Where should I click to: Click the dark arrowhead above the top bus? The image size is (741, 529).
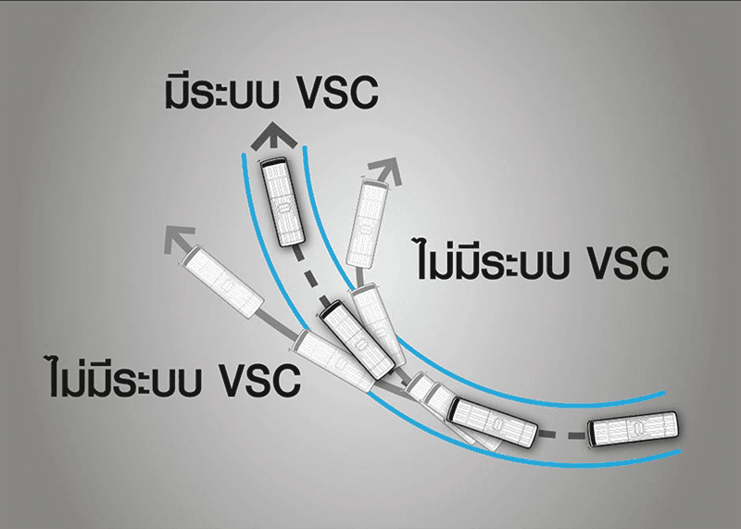(x=274, y=136)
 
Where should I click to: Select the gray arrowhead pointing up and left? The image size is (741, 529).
(x=178, y=239)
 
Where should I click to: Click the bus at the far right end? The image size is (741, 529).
(x=633, y=429)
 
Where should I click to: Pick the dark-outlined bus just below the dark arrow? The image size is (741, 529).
(x=283, y=202)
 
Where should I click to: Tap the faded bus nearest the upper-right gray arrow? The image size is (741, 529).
(x=367, y=223)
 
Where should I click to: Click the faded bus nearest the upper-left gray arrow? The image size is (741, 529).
(x=222, y=282)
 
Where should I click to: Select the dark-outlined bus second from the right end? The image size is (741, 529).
(x=493, y=422)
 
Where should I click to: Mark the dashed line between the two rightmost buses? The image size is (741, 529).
(x=563, y=435)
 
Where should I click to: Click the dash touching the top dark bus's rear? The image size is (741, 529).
(x=298, y=255)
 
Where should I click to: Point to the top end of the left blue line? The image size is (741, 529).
(x=244, y=155)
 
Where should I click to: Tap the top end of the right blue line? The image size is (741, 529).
(x=305, y=148)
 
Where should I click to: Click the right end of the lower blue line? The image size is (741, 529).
(x=680, y=452)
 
